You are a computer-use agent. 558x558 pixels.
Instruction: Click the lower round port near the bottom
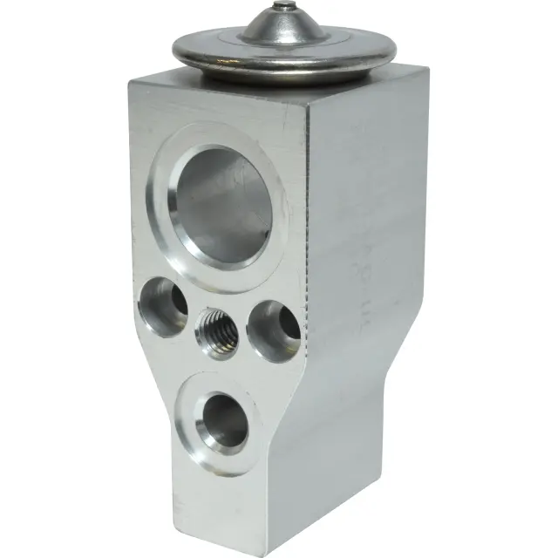[x=223, y=418]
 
